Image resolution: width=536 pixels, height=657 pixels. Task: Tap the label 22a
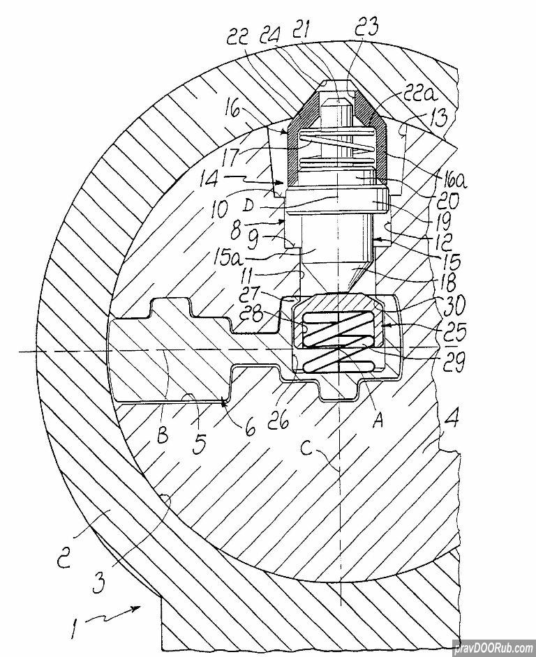[x=419, y=95]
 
